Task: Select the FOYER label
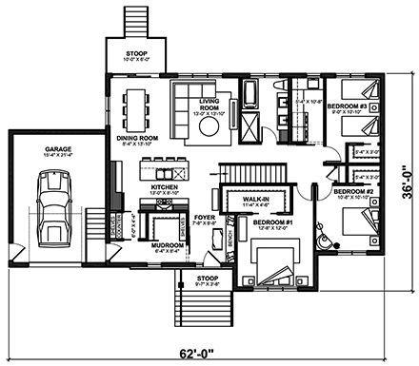(205, 218)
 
